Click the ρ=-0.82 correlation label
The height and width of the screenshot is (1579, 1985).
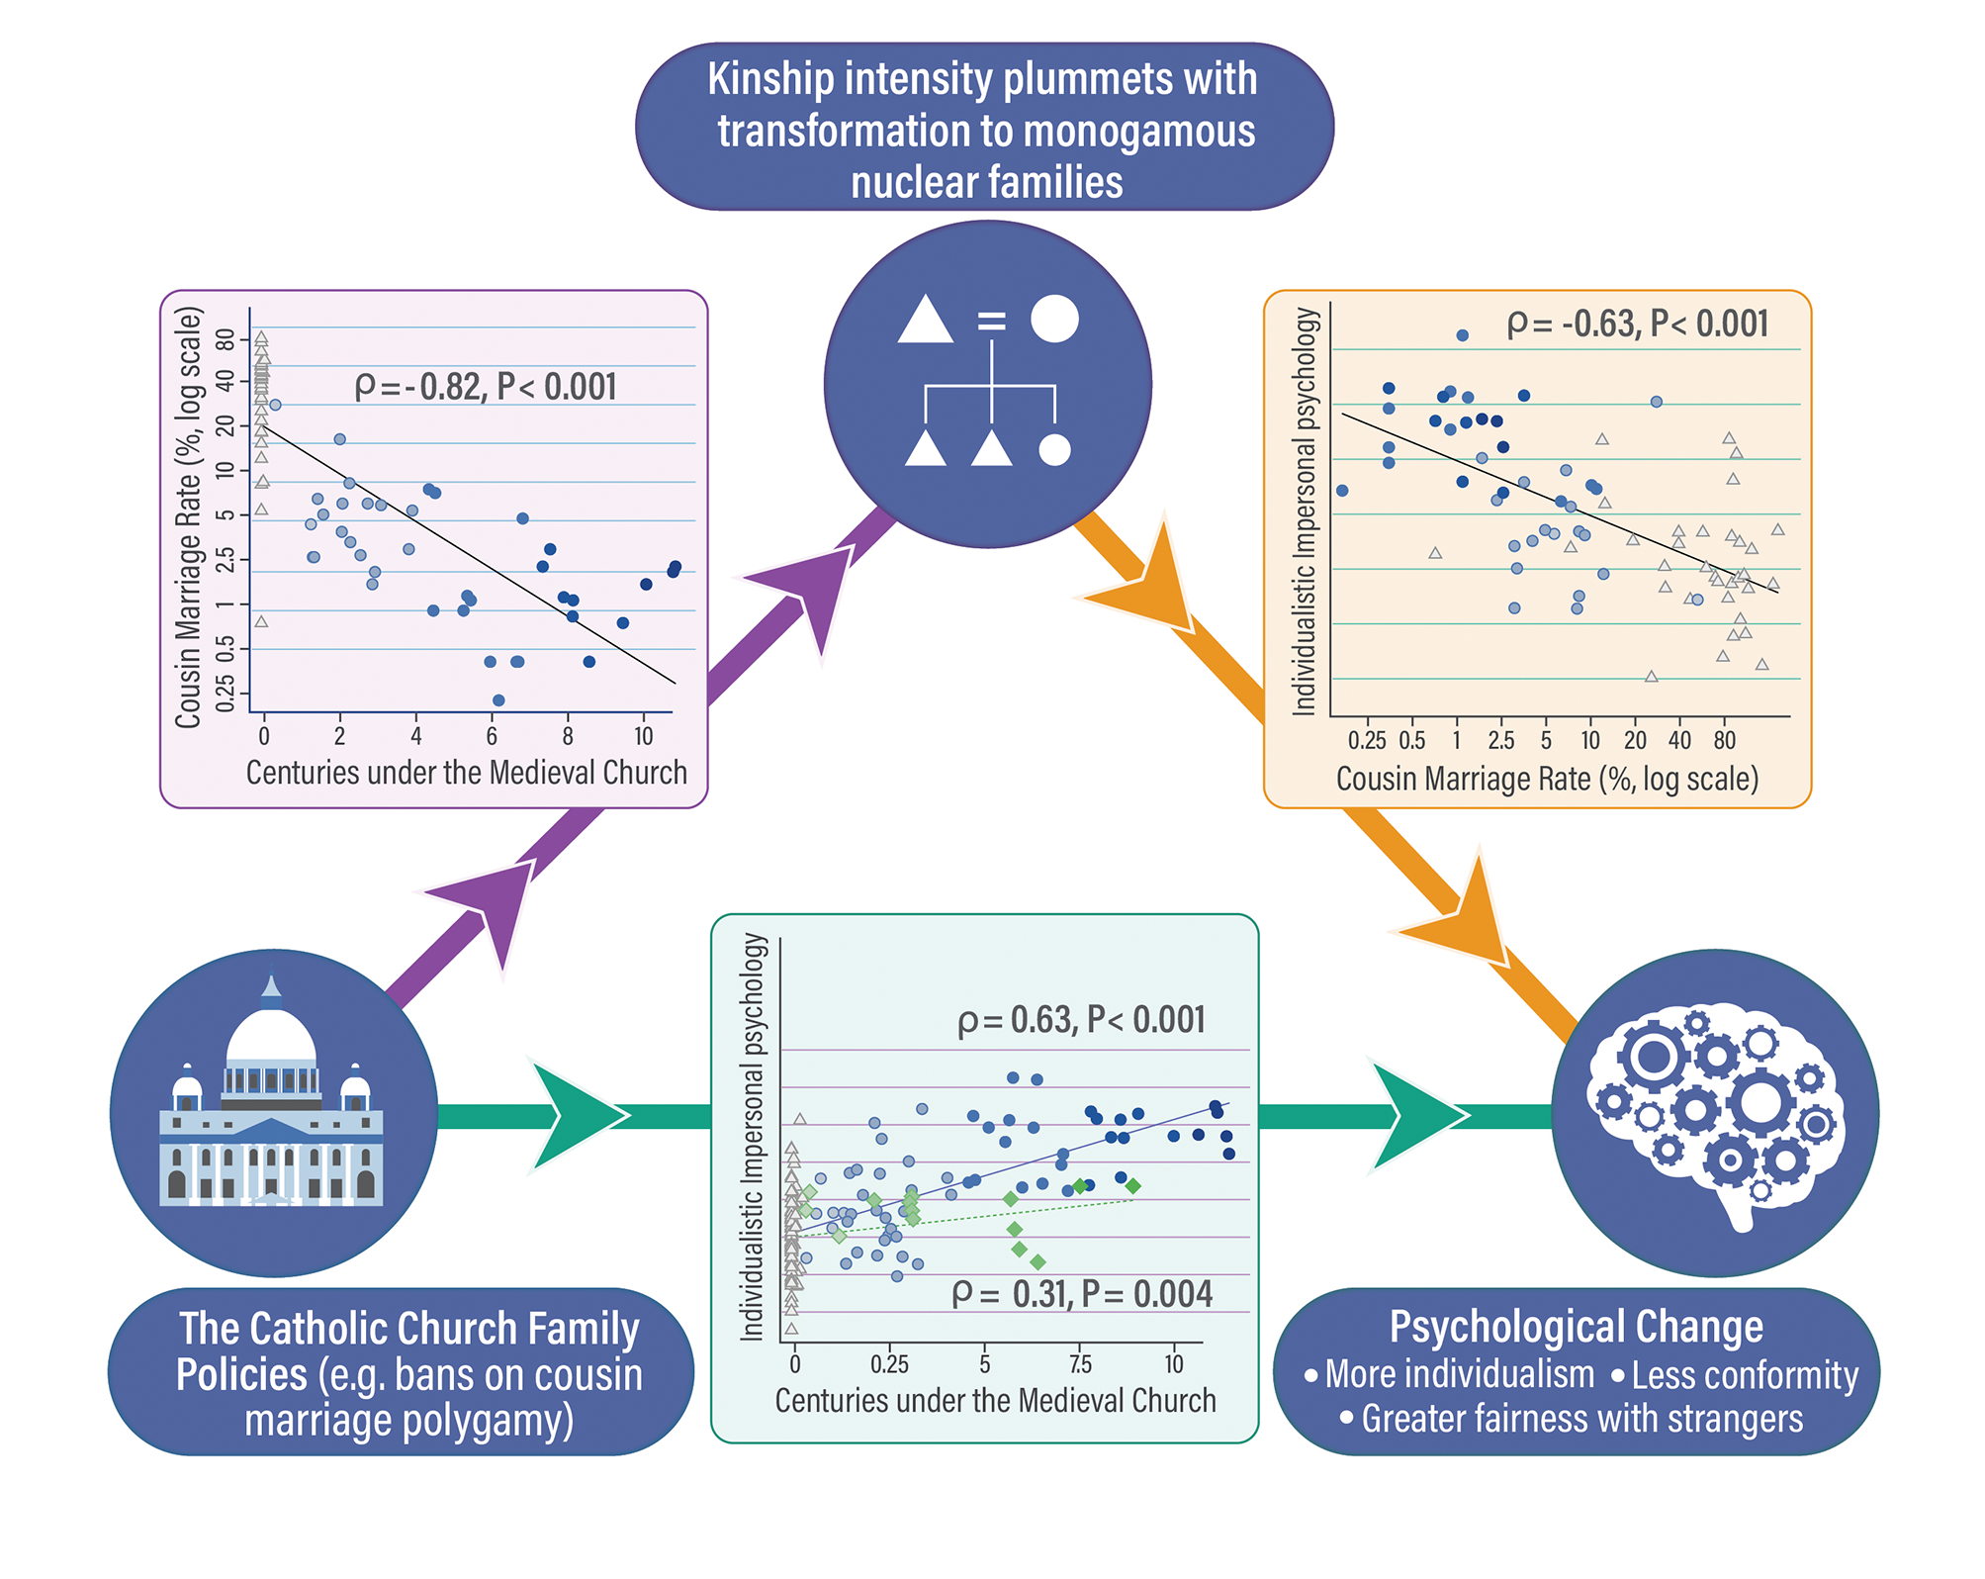pos(485,387)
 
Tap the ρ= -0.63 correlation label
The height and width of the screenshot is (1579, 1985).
pos(1637,325)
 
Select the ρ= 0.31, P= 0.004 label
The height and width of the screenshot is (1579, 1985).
pos(1081,1294)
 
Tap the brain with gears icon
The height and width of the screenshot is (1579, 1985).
pos(1716,1113)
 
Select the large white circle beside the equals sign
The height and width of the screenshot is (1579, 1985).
pos(1054,319)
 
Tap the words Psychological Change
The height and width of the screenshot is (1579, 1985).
pos(1576,1327)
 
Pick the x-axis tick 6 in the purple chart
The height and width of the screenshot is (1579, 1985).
pos(492,737)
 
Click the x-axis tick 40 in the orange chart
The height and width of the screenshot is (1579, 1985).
pos(1679,740)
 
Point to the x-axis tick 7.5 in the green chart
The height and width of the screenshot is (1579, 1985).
pos(1080,1364)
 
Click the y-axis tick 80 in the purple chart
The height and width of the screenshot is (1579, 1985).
pos(226,340)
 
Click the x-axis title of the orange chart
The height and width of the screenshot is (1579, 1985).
pos(1547,780)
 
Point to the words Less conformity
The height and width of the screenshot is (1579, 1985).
pos(1744,1375)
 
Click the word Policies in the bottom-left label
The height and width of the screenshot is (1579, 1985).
pos(241,1375)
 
